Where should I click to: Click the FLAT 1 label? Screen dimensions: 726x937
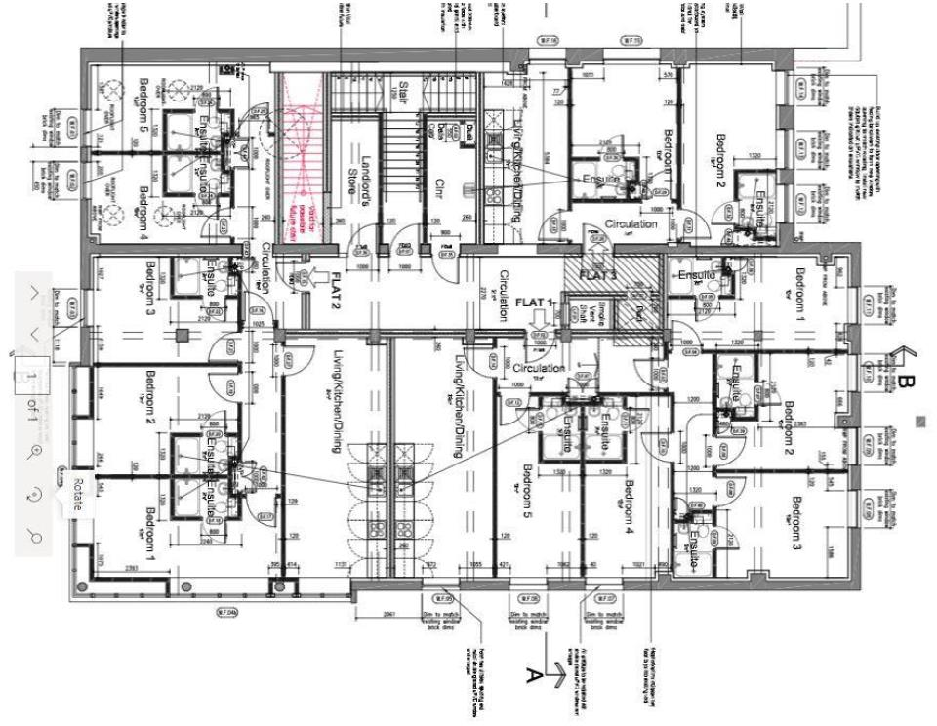click(x=536, y=304)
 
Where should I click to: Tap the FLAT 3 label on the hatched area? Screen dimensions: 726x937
click(x=598, y=274)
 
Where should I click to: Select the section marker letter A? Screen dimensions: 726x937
click(x=533, y=673)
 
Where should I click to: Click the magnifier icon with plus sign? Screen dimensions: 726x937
click(x=35, y=451)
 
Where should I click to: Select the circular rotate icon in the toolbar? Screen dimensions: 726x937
click(x=35, y=495)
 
